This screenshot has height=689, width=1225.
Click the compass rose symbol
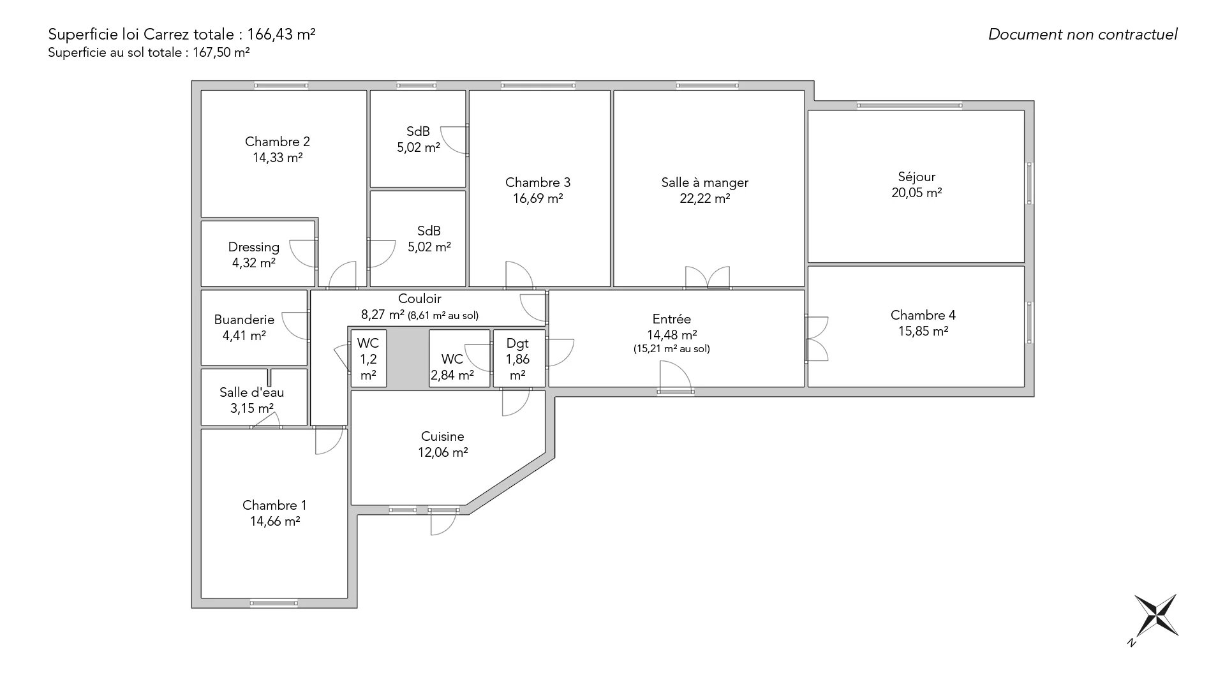[1155, 615]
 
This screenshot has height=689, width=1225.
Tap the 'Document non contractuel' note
[1083, 34]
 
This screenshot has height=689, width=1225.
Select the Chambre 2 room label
[278, 142]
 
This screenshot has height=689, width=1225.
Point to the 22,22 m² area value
[705, 198]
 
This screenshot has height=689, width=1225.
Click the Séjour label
[917, 177]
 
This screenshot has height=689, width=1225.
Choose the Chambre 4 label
[923, 315]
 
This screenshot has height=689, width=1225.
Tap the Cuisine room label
[443, 437]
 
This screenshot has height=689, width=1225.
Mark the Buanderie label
[244, 320]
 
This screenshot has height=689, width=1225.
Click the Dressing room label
[254, 248]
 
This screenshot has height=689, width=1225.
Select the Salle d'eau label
[252, 392]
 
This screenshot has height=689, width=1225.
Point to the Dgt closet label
[517, 344]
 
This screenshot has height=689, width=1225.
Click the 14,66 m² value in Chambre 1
[275, 521]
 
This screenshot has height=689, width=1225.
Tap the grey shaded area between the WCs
[408, 359]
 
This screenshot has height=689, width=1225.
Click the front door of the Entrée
[676, 377]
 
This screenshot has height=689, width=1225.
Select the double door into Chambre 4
[817, 338]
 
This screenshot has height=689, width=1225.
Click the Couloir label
[420, 299]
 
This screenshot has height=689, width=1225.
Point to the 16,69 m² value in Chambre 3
[538, 198]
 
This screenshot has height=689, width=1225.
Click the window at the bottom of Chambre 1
[274, 603]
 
